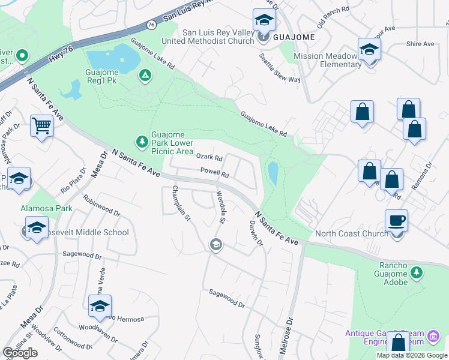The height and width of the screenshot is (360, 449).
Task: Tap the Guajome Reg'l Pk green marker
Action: [x=145, y=76]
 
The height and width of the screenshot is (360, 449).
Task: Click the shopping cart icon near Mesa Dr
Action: [x=41, y=126]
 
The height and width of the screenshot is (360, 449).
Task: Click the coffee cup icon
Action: [x=396, y=221]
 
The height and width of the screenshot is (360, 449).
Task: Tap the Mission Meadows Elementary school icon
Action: [x=370, y=50]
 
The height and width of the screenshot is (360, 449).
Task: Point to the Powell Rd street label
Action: [x=215, y=174]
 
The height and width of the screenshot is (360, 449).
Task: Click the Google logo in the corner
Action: [x=20, y=353]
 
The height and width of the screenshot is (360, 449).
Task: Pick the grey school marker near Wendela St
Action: [x=215, y=244]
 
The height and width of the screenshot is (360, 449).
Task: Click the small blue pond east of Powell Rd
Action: [x=273, y=173]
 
